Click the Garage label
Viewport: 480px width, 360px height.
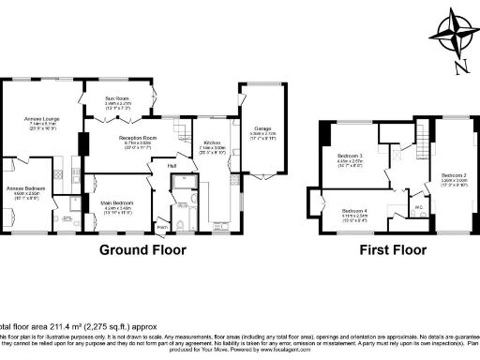(x=262, y=128)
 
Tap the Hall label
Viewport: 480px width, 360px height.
(x=172, y=167)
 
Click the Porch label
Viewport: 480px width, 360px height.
(x=162, y=225)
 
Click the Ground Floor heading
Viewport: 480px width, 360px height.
(x=142, y=250)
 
